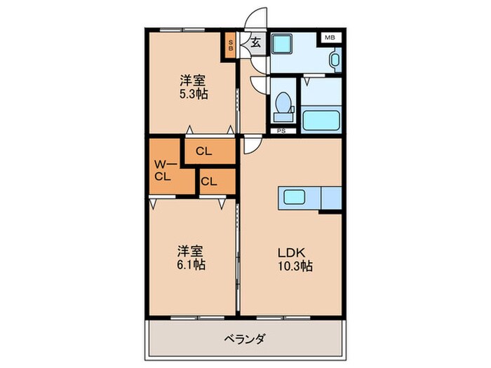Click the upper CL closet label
(204, 151)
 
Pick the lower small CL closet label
(208, 182)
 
